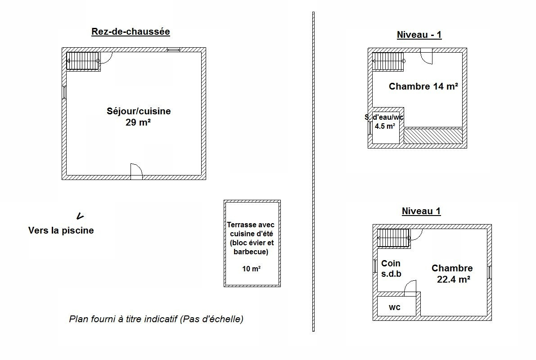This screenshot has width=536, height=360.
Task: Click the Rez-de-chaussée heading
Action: click(131, 31)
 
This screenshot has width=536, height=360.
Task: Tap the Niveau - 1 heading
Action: click(419, 35)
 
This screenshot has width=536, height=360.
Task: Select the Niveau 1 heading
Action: click(421, 211)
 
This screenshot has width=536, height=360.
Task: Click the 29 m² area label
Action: click(138, 122)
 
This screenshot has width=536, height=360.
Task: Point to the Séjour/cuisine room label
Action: click(139, 111)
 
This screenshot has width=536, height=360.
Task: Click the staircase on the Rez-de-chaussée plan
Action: click(83, 61)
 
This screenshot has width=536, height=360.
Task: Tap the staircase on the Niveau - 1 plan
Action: click(388, 61)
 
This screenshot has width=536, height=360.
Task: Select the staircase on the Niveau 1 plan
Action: click(393, 238)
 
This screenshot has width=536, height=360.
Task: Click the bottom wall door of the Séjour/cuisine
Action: click(136, 171)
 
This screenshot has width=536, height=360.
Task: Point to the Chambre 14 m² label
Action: click(423, 86)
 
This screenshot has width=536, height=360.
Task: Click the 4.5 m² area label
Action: click(385, 126)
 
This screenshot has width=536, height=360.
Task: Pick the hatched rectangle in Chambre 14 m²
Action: click(433, 136)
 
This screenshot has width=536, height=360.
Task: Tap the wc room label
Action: click(395, 307)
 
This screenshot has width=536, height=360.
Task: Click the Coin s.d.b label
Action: click(391, 268)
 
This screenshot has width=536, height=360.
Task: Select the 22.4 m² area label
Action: click(453, 279)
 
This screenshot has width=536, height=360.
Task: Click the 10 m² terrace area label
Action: click(251, 269)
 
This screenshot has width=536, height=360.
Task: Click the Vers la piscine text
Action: click(61, 230)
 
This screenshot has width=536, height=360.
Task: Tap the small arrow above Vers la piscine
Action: click(80, 216)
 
